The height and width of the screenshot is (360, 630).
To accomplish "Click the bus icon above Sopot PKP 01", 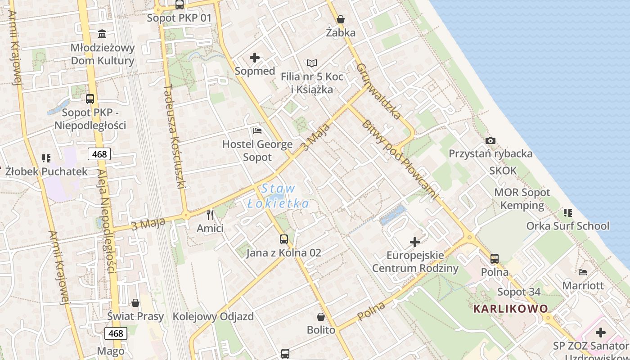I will (x=180, y=5).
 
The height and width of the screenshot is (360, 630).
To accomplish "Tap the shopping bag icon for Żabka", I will (x=341, y=19).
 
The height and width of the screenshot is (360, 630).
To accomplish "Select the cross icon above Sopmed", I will (x=255, y=58).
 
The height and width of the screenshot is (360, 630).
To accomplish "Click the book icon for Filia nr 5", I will (x=312, y=63).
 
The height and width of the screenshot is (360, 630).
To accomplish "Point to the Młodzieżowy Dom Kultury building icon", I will (x=102, y=34).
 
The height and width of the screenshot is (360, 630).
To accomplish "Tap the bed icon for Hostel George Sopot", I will (x=257, y=131).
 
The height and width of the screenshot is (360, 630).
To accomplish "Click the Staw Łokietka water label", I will (x=279, y=196).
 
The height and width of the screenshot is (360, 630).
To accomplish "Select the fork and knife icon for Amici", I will (x=210, y=215).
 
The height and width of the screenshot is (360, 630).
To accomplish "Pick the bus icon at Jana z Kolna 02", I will (x=283, y=239).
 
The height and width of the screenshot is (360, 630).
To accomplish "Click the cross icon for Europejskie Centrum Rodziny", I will (x=414, y=243).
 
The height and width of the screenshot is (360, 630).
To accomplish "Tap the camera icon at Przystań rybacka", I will (x=490, y=140).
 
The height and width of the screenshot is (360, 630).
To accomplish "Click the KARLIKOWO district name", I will (x=511, y=309).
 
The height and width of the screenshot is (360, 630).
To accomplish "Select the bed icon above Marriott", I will (x=583, y=272).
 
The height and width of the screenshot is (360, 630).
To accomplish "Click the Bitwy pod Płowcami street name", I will (x=399, y=159).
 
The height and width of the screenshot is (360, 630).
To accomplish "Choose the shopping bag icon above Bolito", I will (x=321, y=317).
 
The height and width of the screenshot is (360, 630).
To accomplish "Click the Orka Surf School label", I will (x=568, y=226).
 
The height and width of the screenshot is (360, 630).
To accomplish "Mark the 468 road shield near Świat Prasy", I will (x=116, y=333).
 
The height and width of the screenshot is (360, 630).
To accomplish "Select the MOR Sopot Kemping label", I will (x=522, y=199).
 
